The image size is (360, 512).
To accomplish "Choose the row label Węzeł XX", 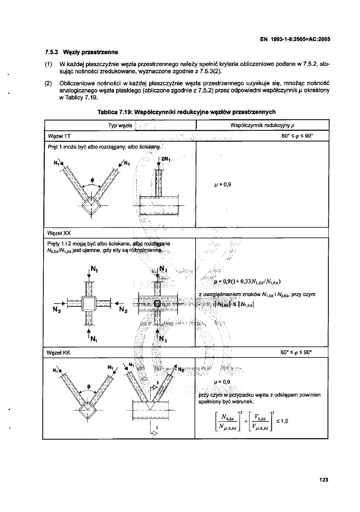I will point(58,232).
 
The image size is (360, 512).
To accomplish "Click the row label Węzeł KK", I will point(58,352).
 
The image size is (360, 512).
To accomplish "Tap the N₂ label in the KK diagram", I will point(181,369).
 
